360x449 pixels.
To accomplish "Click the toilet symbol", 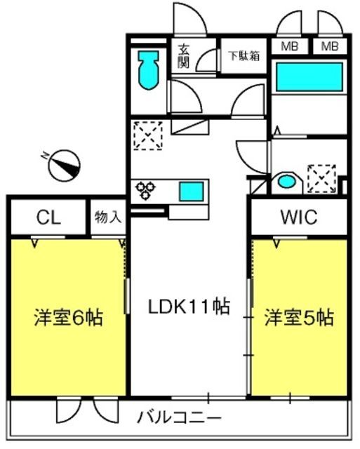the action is pyautogui.click(x=149, y=70).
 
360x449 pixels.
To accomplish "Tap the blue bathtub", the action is pyautogui.click(x=309, y=77).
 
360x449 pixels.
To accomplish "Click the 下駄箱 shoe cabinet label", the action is pyautogui.click(x=244, y=55).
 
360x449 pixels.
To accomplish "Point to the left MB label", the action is pyautogui.click(x=290, y=46).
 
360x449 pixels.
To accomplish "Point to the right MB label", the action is pyautogui.click(x=330, y=46).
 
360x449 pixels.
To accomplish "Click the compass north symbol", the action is pyautogui.click(x=64, y=166).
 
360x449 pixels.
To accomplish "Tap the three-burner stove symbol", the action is pyautogui.click(x=145, y=190).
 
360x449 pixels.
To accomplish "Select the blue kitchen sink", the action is pyautogui.click(x=192, y=192).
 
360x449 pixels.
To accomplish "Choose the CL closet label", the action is pyautogui.click(x=48, y=217).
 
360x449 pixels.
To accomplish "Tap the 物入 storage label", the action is pyautogui.click(x=108, y=217).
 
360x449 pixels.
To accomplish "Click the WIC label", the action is pyautogui.click(x=299, y=217).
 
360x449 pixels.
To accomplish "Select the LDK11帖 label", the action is pyautogui.click(x=189, y=307).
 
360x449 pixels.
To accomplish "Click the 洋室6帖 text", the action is pyautogui.click(x=69, y=318).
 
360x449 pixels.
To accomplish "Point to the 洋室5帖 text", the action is pyautogui.click(x=299, y=318).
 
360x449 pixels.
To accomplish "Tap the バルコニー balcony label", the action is pyautogui.click(x=180, y=418).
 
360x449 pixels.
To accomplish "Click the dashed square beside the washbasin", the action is pyautogui.click(x=321, y=179).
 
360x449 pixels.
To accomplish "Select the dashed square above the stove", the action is pyautogui.click(x=148, y=135).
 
